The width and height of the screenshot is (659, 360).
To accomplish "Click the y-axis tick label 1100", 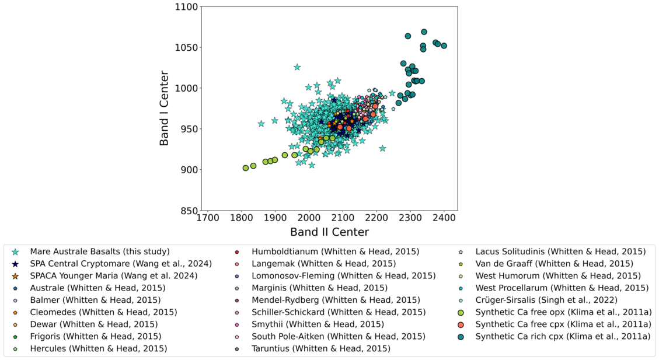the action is coord(186,7).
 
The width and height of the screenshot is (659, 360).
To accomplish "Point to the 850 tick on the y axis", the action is coord(189,211).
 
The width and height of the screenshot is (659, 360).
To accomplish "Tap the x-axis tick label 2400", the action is coord(444,218).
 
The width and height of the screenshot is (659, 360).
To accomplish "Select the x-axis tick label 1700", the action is coord(208,218).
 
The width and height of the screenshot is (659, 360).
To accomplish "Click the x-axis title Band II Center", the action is coord(329,232).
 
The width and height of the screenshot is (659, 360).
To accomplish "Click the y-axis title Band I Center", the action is coord(164,109).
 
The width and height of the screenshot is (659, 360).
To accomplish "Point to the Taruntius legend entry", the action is coord(312,349).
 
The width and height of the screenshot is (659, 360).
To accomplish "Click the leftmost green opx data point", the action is coord(246,168).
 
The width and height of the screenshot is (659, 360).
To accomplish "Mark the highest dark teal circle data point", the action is coord(424,32).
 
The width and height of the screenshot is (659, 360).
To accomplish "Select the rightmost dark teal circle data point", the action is coord(444,46).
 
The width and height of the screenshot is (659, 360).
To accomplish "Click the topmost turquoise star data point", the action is coord(297,67).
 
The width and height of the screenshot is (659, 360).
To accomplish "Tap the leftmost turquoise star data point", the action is coord(261,124).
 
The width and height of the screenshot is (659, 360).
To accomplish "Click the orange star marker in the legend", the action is coord(16,276).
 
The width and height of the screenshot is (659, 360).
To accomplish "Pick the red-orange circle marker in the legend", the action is coord(461,325).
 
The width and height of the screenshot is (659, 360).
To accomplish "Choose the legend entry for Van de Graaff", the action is coord(545,264).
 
